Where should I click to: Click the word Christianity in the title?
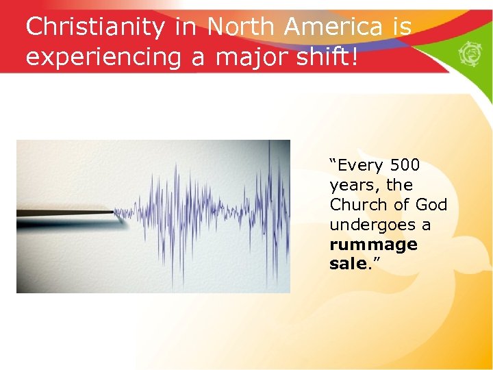click(x=95, y=27)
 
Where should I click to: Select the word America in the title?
click(x=334, y=27)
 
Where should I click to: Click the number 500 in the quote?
click(x=405, y=165)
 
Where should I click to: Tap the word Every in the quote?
click(x=358, y=165)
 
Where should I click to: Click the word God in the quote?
click(x=431, y=205)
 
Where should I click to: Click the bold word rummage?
click(x=373, y=245)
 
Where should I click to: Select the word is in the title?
click(x=401, y=27)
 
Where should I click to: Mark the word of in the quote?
click(x=403, y=205)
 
